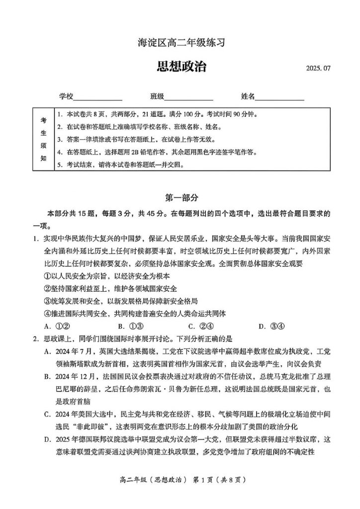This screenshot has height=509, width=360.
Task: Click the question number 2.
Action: pos(35,339)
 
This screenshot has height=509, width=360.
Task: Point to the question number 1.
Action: pos(35,238)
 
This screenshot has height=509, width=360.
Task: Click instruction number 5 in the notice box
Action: pos(60,165)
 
